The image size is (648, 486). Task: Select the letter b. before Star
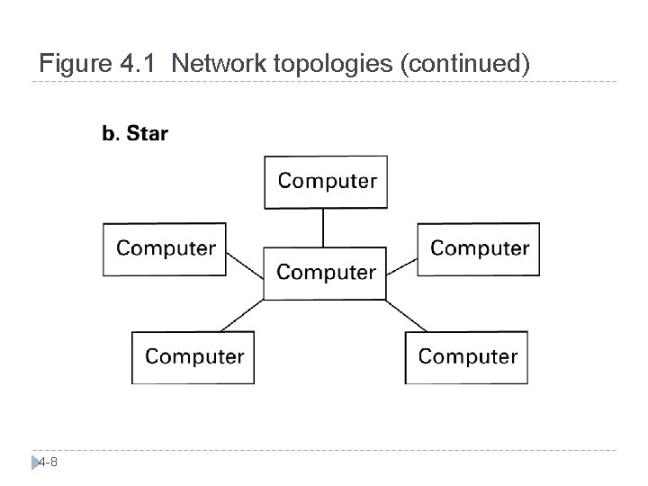tap(110, 135)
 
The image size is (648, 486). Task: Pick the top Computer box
tap(326, 182)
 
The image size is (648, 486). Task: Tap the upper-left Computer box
tap(165, 248)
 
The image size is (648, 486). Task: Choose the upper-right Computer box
tap(479, 248)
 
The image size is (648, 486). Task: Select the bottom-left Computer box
tap(193, 357)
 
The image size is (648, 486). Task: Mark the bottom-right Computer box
tap(467, 357)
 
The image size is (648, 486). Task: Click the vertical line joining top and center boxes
tap(324, 228)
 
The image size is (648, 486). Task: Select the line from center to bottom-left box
tap(242, 315)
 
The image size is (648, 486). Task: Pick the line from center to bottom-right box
tap(408, 315)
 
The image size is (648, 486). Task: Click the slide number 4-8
tap(49, 463)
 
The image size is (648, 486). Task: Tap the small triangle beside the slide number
tap(35, 463)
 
